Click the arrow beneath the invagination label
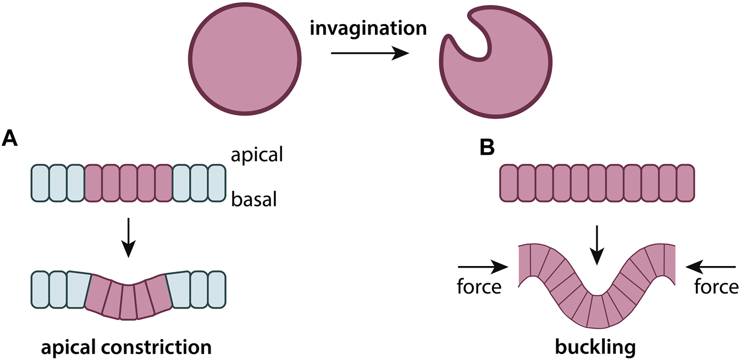tap(369, 53)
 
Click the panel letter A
tap(10, 138)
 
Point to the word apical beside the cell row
tap(256, 155)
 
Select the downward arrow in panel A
tap(128, 237)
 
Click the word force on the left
tap(479, 287)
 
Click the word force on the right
tap(715, 287)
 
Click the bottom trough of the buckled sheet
tap(597, 311)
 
